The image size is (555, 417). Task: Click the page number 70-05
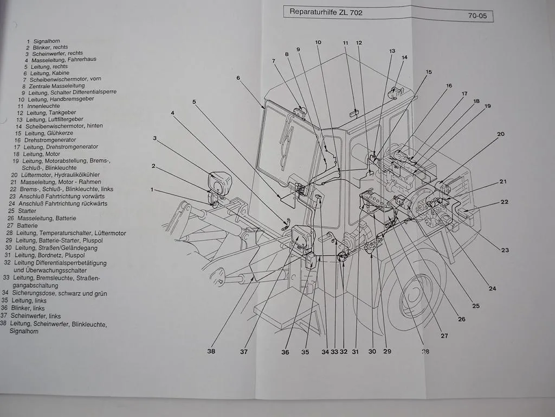(477, 16)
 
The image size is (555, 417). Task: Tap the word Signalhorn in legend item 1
(47, 41)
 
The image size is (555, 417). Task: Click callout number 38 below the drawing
(211, 351)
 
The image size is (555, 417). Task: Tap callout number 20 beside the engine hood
(500, 134)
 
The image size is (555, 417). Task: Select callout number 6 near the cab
(238, 78)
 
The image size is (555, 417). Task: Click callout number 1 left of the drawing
(152, 189)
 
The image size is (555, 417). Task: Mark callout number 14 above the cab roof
(404, 57)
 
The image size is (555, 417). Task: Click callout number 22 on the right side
(504, 202)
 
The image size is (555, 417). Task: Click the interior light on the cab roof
(355, 113)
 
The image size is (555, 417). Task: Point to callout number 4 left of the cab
(172, 113)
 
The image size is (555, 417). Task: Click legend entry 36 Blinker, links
(23, 308)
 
